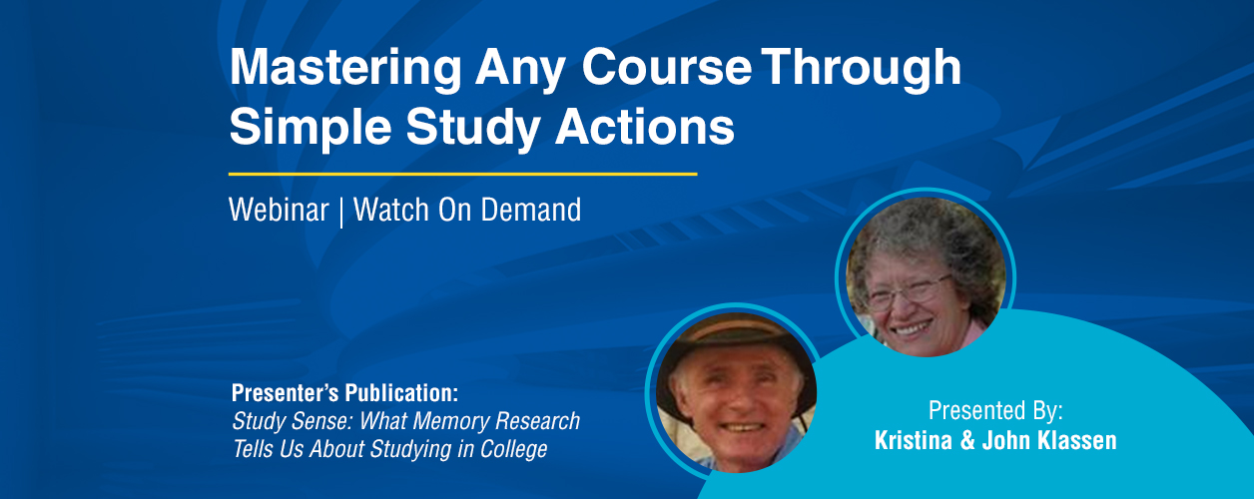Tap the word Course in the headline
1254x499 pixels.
pos(666,67)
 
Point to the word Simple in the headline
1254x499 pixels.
pos(311,128)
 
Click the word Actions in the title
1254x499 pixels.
pos(644,126)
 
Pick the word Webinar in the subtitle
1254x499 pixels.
pos(279,210)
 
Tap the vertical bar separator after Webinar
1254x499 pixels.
pos(341,211)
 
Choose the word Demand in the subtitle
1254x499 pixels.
pos(531,210)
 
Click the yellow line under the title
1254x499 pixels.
pos(462,174)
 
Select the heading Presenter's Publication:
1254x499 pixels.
pos(344,392)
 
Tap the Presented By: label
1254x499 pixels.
pos(995,411)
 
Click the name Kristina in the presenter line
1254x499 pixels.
pos(914,440)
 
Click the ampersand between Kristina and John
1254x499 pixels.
pos(966,441)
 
